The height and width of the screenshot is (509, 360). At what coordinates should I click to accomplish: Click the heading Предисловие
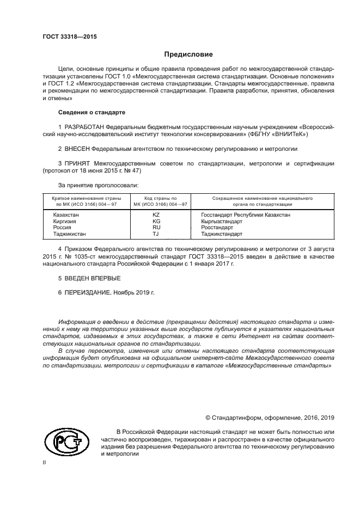pyautogui.click(x=188, y=54)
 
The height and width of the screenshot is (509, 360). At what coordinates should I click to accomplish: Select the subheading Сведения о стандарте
pyautogui.click(x=91, y=112)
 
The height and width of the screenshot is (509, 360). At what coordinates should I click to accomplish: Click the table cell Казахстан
pyautogui.click(x=65, y=215)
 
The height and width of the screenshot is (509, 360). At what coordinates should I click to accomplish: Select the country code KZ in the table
pyautogui.click(x=156, y=215)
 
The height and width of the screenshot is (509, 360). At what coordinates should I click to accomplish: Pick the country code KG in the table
pyautogui.click(x=156, y=222)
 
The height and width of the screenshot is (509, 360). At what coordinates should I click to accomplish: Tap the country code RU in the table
pyautogui.click(x=156, y=228)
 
